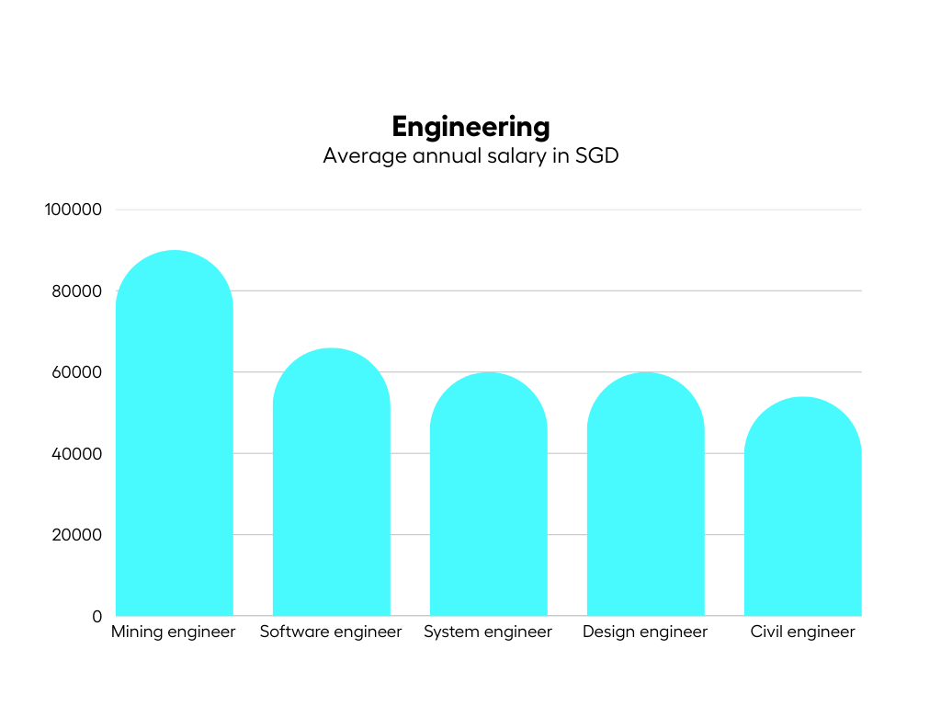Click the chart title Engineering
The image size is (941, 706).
tap(470, 126)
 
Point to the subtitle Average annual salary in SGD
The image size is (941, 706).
tap(470, 155)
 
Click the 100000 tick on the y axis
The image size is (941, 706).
tap(74, 210)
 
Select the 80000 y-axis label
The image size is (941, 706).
tap(77, 291)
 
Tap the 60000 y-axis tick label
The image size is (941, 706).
tap(77, 372)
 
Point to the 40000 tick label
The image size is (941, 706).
tap(77, 454)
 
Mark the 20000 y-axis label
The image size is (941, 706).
tap(77, 535)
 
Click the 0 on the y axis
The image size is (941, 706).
tap(96, 616)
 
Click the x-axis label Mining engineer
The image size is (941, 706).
tap(174, 632)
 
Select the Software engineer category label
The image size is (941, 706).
tap(331, 632)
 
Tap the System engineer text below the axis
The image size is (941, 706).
tap(488, 632)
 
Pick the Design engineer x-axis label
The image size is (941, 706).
tap(645, 632)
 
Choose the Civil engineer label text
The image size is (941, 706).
tap(803, 632)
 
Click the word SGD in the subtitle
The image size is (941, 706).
tap(597, 155)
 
